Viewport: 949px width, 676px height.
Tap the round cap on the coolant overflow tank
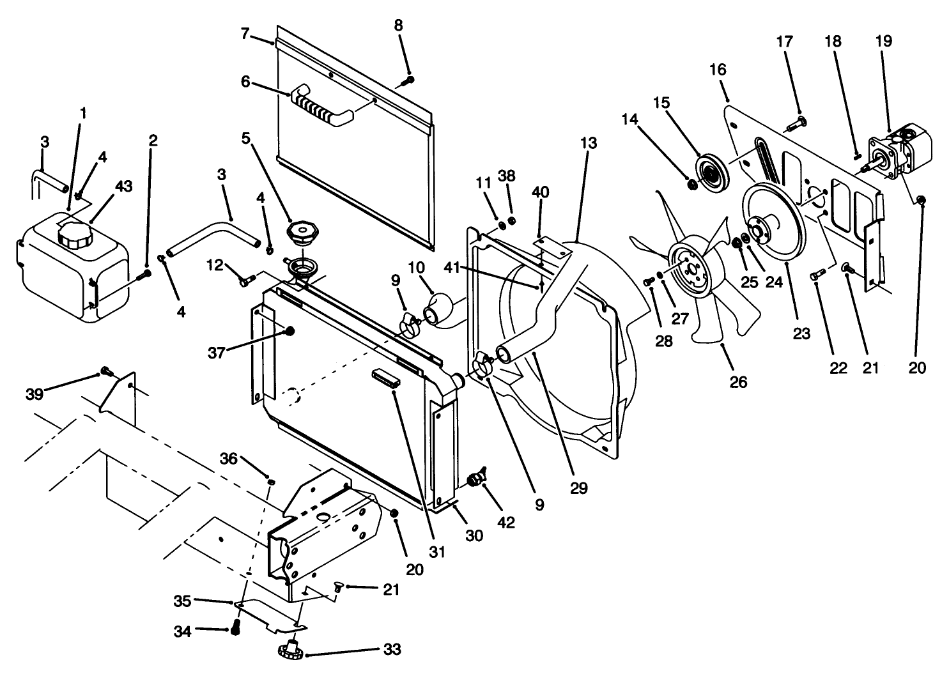tap(75, 238)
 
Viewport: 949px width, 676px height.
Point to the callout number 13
tap(588, 143)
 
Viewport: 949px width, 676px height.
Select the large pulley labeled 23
tap(774, 222)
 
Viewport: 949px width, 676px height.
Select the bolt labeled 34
tap(235, 629)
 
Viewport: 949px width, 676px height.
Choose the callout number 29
tap(578, 488)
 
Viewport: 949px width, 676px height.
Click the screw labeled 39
tap(106, 372)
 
